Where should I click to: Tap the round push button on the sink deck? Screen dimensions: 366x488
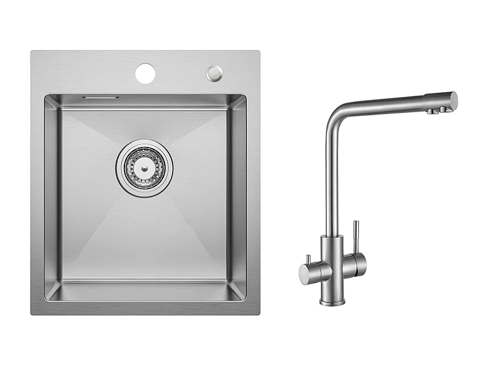(x=213, y=73)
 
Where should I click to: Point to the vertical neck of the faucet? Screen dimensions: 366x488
(x=330, y=183)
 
